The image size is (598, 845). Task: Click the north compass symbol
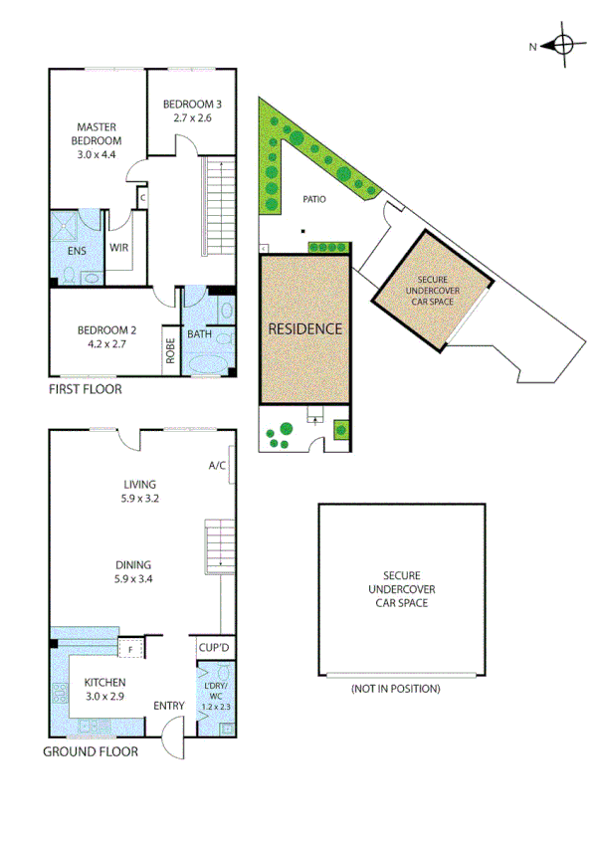[x=563, y=45]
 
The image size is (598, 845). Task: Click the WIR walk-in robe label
[x=118, y=249]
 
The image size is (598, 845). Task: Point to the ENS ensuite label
[x=76, y=251]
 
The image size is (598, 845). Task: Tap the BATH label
[x=199, y=334]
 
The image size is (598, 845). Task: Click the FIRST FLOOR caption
[x=86, y=389]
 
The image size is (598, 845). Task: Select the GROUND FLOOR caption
[x=90, y=751]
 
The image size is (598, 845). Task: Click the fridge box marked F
[x=130, y=650]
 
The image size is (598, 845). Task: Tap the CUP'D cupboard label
[x=215, y=649]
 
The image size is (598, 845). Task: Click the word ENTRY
[x=168, y=706]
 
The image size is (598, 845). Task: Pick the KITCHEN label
[x=104, y=681]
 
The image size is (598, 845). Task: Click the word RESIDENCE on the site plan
[x=304, y=327]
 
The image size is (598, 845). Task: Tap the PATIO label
[x=314, y=199]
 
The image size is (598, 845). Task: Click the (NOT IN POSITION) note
[x=395, y=688]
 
